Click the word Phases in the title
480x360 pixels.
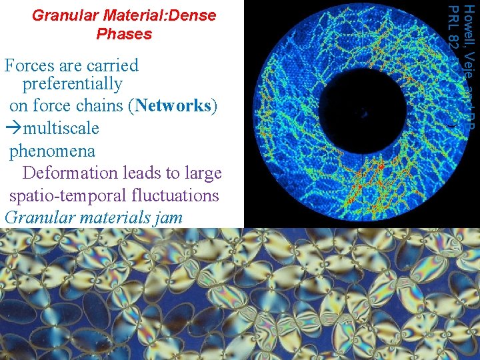[x=124, y=34]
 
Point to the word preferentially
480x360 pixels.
[x=72, y=85]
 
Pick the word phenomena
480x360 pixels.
[x=52, y=151]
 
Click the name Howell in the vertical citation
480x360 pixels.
[x=470, y=20]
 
